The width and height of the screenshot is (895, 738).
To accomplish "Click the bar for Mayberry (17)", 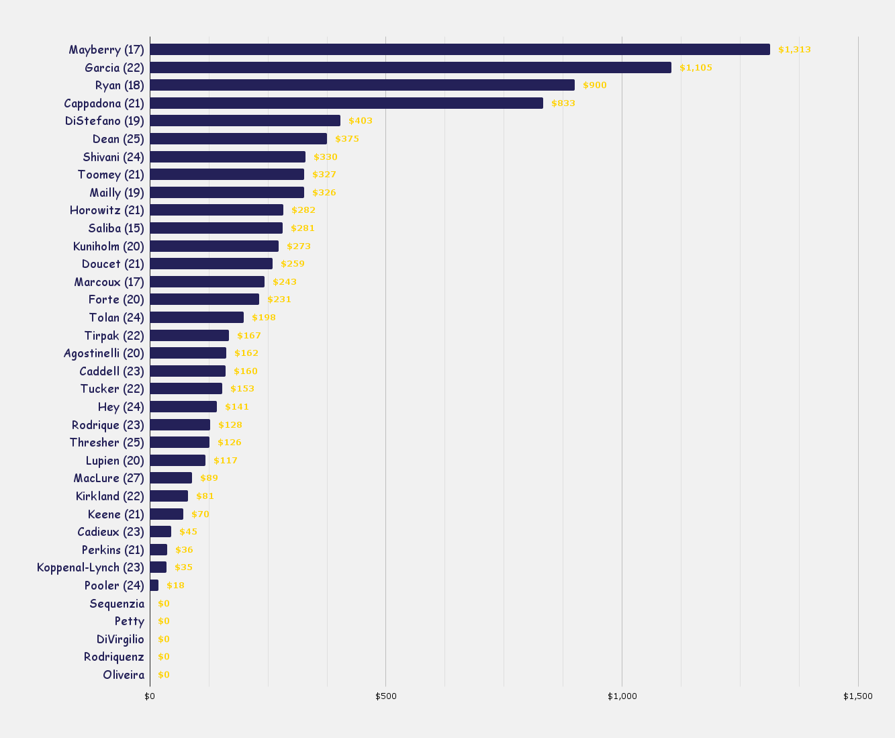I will click(460, 50).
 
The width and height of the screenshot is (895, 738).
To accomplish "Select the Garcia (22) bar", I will click(410, 68).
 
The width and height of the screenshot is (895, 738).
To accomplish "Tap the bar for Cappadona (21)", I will click(346, 103).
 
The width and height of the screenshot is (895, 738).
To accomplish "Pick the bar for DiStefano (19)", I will click(245, 121).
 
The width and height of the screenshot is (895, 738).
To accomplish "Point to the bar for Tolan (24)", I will click(197, 318).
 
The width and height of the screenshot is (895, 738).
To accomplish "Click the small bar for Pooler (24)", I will click(154, 586).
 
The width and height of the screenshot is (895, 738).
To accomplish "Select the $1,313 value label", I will click(794, 50).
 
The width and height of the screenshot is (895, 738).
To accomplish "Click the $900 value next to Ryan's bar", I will click(594, 85).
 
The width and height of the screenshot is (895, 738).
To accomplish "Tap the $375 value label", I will click(347, 139).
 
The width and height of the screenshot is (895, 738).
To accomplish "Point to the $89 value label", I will click(209, 478).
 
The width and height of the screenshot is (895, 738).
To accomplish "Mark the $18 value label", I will click(175, 586).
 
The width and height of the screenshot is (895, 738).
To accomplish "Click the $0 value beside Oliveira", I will click(164, 675).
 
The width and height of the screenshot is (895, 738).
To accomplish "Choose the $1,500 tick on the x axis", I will click(858, 696).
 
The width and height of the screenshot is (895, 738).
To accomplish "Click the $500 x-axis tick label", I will click(386, 696).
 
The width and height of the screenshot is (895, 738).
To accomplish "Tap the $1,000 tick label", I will click(622, 696).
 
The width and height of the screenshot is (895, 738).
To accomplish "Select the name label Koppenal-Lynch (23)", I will click(91, 567).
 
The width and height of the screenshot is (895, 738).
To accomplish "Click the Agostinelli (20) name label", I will click(104, 353).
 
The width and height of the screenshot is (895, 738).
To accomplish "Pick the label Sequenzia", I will click(117, 604).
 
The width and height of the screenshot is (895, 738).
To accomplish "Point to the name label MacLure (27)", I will click(109, 478).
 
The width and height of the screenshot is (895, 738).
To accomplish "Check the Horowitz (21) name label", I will click(107, 210).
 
